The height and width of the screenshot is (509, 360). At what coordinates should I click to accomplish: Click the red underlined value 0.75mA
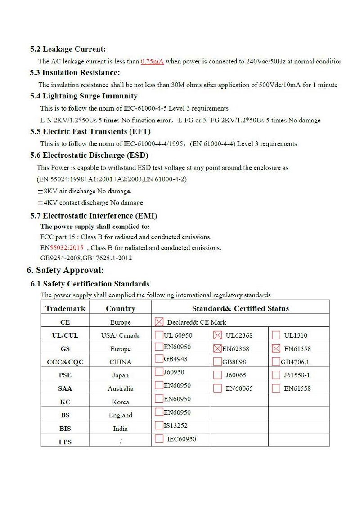coord(152,61)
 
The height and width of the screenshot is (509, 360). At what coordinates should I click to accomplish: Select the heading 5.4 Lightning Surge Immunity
coord(84,96)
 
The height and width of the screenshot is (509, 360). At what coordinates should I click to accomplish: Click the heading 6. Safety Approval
coord(65,270)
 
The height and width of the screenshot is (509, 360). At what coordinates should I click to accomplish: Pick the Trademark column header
coord(65,308)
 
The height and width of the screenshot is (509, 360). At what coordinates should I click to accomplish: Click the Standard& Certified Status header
coord(240,308)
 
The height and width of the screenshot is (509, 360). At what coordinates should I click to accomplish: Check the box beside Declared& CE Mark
coord(159,322)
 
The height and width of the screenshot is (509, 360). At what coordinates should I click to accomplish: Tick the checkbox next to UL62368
coord(217,335)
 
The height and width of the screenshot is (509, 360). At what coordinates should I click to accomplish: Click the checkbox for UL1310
coord(276,335)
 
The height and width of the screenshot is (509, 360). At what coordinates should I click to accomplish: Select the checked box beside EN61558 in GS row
coord(276,348)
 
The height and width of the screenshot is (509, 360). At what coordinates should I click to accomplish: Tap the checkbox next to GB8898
coord(217,362)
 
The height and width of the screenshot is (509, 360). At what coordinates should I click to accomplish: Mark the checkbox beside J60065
coord(217,375)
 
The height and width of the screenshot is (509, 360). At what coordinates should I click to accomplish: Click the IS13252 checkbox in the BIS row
coord(159,425)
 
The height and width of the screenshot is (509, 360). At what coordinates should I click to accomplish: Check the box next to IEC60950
coord(159,439)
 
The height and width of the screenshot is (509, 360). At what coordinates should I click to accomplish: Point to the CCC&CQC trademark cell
coord(65,362)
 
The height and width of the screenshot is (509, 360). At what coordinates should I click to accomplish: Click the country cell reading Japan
coord(120,375)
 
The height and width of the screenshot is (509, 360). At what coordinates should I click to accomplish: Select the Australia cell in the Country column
coord(120,388)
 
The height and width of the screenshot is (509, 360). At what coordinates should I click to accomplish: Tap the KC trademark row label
coord(65,402)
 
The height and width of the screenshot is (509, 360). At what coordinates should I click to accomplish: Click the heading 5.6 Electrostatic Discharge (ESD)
coord(89,156)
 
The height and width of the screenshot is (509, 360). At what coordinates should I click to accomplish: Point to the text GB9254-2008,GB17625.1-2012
coord(86,258)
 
